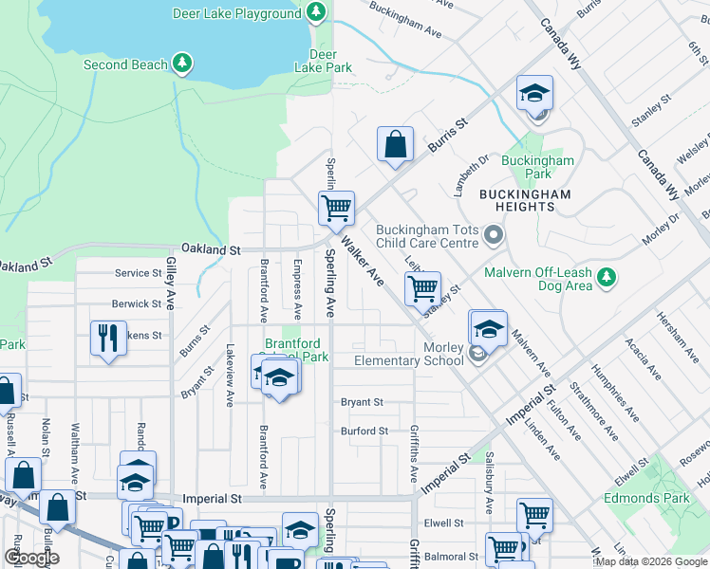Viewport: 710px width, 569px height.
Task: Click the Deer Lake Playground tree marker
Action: click(317, 13)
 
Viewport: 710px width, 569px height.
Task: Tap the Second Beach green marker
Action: click(182, 64)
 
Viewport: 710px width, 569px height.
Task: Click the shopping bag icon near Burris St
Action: click(395, 145)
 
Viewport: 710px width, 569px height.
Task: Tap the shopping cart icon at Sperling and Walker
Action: click(336, 208)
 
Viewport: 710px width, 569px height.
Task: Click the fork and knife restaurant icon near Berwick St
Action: click(107, 338)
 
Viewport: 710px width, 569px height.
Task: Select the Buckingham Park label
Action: click(538, 167)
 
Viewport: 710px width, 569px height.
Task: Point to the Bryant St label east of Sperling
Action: click(362, 402)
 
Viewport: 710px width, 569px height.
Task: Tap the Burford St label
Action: click(364, 431)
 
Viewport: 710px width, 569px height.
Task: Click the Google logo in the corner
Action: click(31, 558)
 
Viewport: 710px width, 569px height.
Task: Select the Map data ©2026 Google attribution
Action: click(651, 561)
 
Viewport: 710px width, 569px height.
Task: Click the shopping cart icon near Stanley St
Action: click(422, 287)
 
